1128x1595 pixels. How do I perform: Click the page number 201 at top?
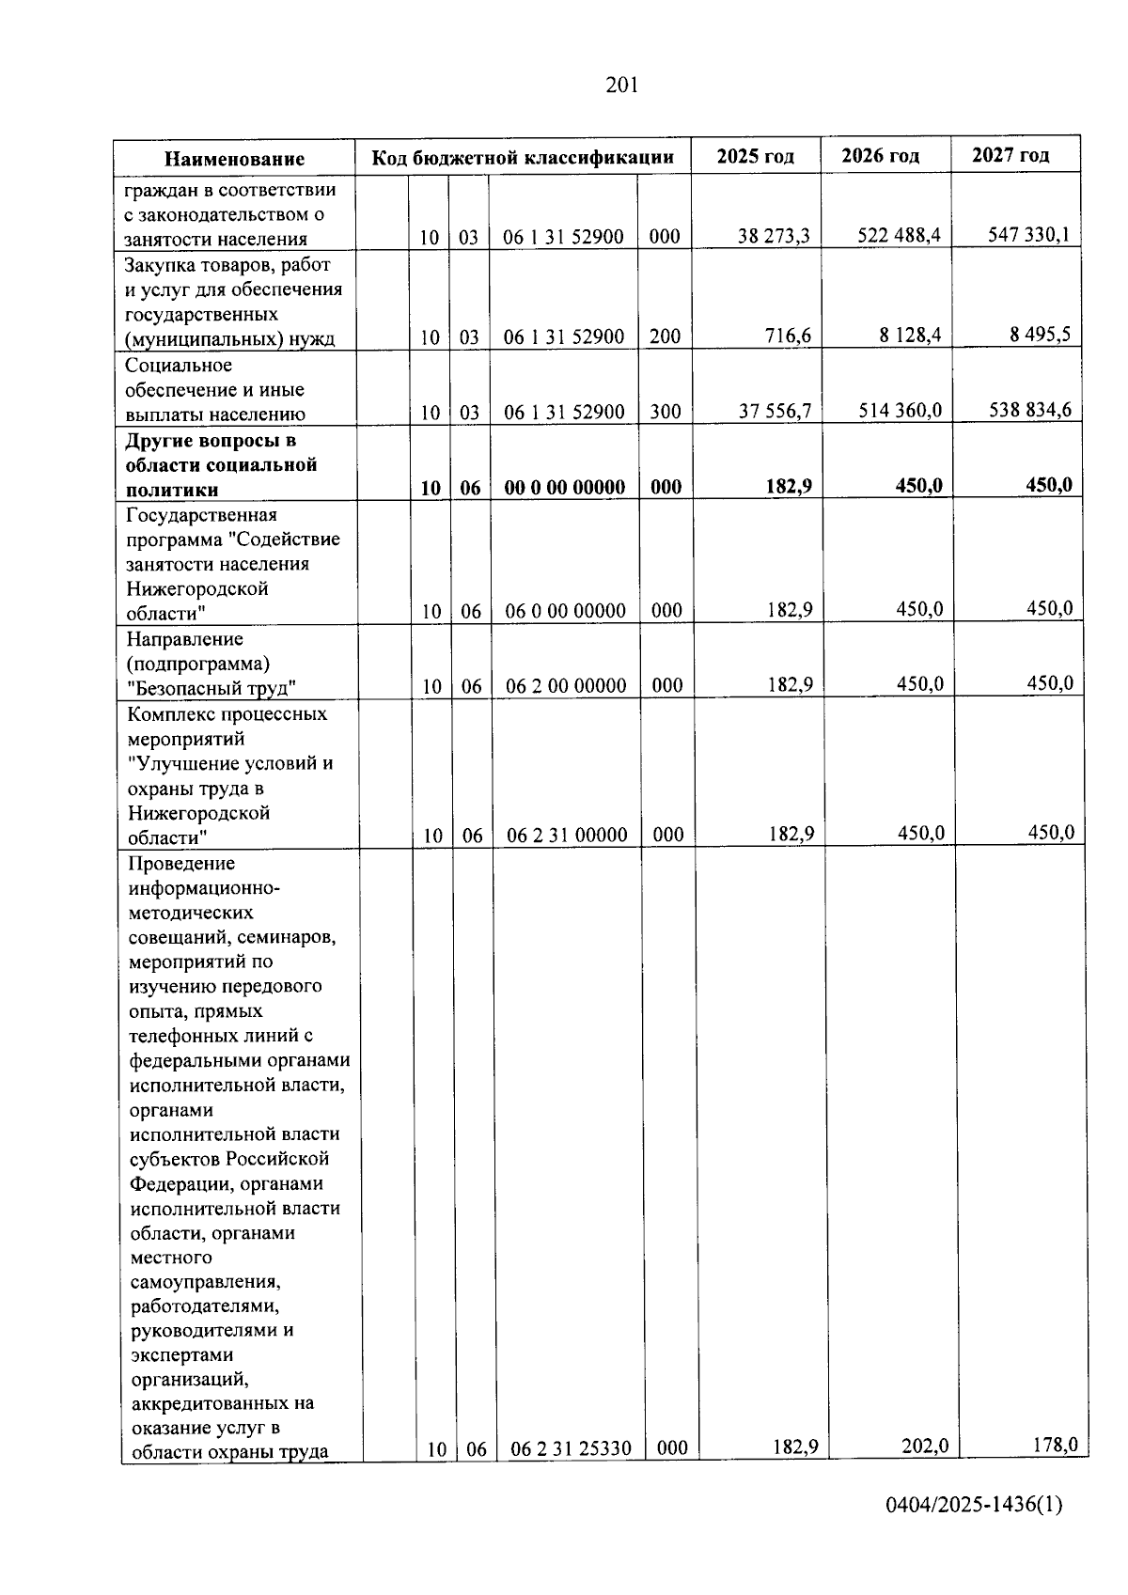[622, 86]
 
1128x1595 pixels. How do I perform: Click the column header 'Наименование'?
[235, 159]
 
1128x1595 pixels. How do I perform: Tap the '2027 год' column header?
[1010, 155]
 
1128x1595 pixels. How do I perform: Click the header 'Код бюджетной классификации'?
[523, 157]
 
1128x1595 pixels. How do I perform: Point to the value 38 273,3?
[774, 236]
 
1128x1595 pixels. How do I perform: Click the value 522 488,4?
[899, 235]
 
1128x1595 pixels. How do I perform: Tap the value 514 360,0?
[900, 410]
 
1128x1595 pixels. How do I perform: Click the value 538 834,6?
[1030, 410]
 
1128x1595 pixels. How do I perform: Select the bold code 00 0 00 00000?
[564, 487]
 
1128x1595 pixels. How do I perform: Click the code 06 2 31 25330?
[571, 1448]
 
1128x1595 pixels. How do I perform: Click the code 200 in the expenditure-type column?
[665, 336]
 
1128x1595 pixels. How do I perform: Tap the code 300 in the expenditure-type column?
[665, 412]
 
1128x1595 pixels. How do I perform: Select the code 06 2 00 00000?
[566, 686]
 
